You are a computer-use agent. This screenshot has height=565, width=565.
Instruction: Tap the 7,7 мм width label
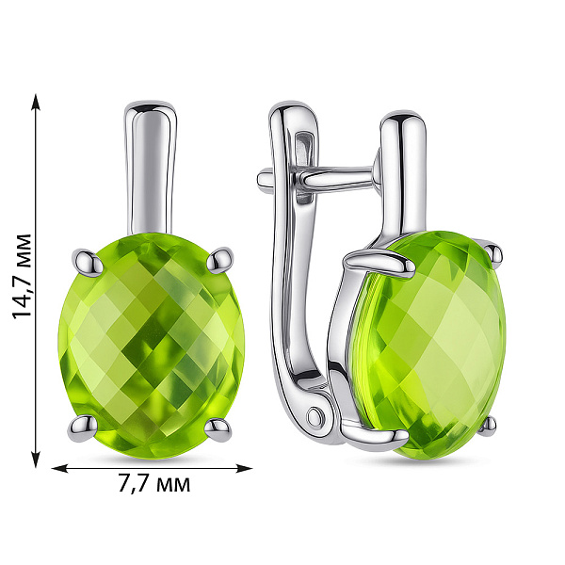[x=153, y=485]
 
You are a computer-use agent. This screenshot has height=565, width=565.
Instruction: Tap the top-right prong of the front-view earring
[x=222, y=258]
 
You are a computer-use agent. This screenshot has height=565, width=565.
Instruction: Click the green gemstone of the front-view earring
[x=153, y=344]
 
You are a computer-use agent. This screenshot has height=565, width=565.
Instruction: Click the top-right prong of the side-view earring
[x=493, y=251]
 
